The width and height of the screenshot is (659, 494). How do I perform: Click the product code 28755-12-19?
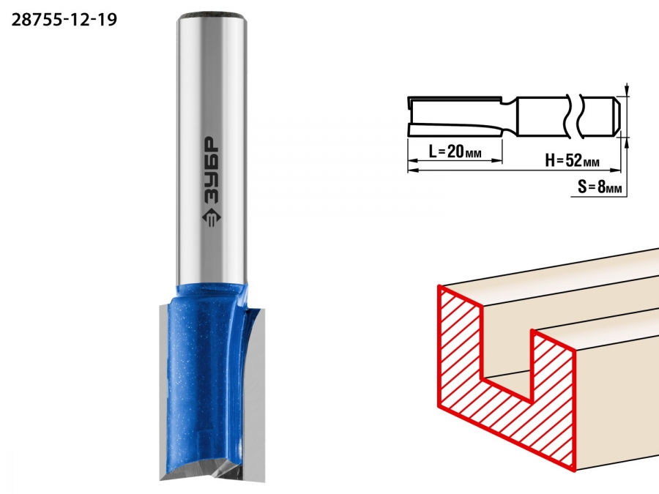64,20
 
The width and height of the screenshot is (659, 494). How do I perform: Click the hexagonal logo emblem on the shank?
209,217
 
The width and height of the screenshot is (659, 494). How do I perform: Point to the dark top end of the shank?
212,17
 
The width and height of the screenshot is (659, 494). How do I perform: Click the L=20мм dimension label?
455,151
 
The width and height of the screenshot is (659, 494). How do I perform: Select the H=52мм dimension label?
572,160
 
